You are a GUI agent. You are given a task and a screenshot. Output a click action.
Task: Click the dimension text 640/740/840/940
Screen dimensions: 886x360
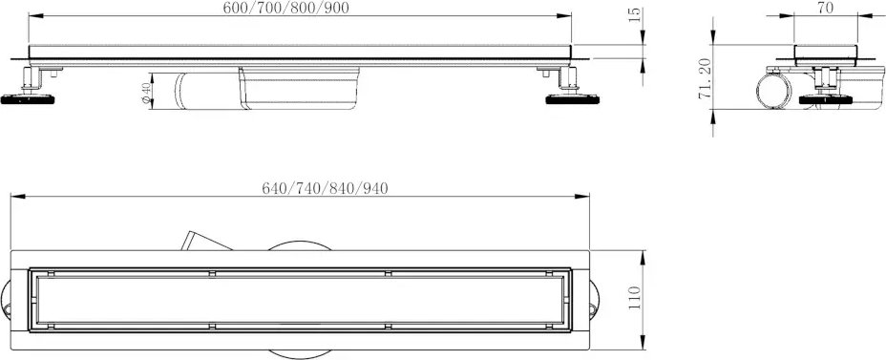325,189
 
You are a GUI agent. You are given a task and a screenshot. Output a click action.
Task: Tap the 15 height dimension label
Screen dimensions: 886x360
635,14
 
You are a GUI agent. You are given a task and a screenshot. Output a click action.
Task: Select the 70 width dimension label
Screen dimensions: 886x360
826,8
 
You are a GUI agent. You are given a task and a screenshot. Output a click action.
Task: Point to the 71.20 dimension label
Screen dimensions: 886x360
705,78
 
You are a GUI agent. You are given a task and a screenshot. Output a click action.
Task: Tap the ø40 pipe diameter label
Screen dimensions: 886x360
146,93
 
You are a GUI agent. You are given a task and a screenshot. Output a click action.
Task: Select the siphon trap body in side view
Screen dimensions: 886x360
266,89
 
